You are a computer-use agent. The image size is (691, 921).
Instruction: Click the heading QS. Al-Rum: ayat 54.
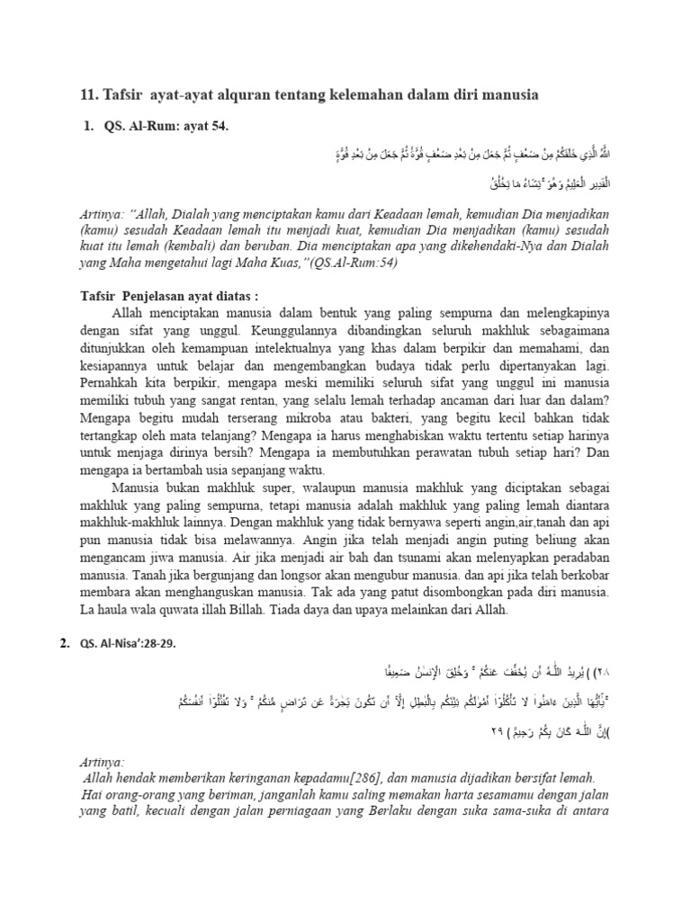click(168, 127)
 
